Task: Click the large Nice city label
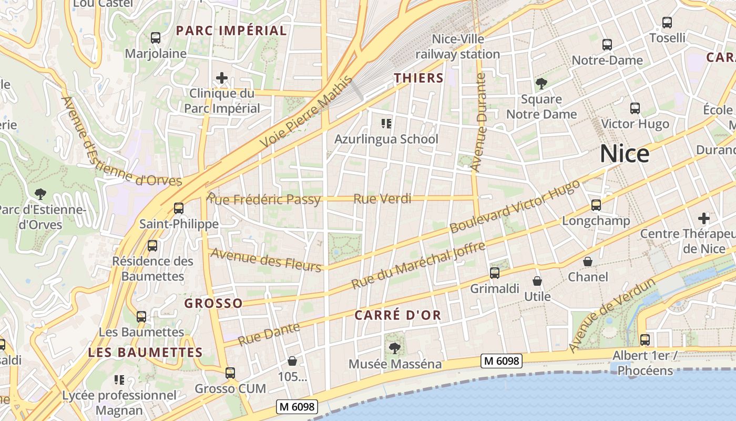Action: pyautogui.click(x=625, y=154)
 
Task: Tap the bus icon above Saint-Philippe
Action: pyautogui.click(x=179, y=208)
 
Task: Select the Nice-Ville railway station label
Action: pyautogui.click(x=458, y=46)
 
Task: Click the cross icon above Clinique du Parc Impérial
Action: pyautogui.click(x=222, y=78)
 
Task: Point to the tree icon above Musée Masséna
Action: pyautogui.click(x=394, y=348)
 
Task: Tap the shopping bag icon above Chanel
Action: pyautogui.click(x=588, y=262)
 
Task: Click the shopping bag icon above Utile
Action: pyautogui.click(x=537, y=282)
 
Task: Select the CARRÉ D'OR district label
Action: pyautogui.click(x=397, y=315)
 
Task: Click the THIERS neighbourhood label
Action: pyautogui.click(x=419, y=78)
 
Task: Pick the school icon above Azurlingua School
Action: pyautogui.click(x=386, y=124)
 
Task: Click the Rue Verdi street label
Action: pyautogui.click(x=382, y=199)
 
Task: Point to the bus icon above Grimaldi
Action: pyautogui.click(x=494, y=273)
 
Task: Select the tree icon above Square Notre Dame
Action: pyautogui.click(x=541, y=84)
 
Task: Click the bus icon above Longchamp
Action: pyautogui.click(x=596, y=205)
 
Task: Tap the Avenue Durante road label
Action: pyautogui.click(x=479, y=123)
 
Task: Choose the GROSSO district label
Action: pyautogui.click(x=213, y=303)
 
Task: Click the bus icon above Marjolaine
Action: pyautogui.click(x=155, y=38)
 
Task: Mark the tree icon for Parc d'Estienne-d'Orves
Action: pyautogui.click(x=40, y=194)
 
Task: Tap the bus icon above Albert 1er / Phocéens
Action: pyautogui.click(x=645, y=340)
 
